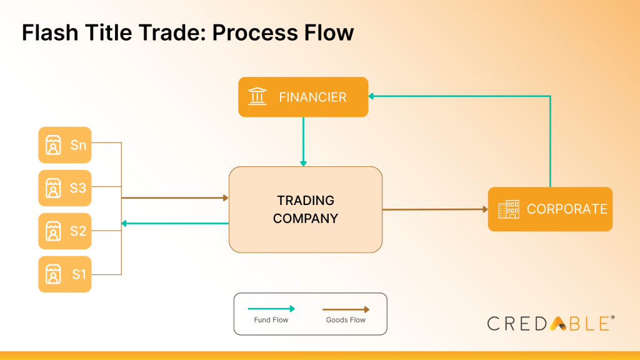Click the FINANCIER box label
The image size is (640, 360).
click(x=312, y=97)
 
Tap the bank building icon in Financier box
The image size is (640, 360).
click(x=257, y=97)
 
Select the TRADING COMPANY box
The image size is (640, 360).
click(x=306, y=209)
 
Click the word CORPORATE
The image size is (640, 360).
click(x=567, y=209)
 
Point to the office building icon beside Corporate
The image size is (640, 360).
click(x=508, y=209)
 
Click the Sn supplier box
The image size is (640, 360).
click(x=65, y=145)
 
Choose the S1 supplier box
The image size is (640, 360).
click(x=65, y=274)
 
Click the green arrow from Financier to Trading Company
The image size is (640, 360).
click(x=303, y=141)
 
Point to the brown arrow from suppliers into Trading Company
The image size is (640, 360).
click(x=175, y=198)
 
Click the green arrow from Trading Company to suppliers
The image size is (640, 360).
click(x=175, y=223)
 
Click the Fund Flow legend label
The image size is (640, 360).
click(x=271, y=320)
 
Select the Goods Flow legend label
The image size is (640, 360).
click(x=346, y=320)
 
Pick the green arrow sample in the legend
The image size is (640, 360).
click(x=271, y=309)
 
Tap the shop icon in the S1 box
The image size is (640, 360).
click(x=54, y=274)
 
